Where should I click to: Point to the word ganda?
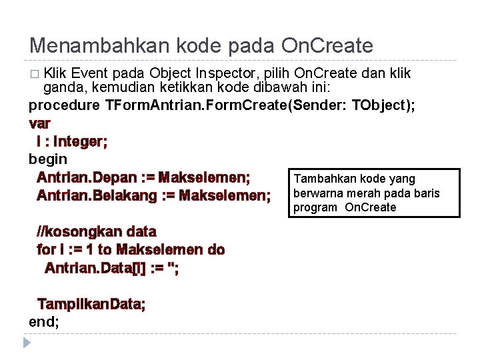click(62, 89)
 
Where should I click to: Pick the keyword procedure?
click(65, 106)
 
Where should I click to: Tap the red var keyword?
click(40, 124)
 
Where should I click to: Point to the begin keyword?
click(48, 159)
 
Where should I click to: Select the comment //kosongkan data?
click(97, 232)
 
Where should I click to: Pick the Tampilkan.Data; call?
click(91, 304)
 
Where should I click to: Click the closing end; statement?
click(44, 322)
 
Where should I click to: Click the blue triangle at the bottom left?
click(27, 343)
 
